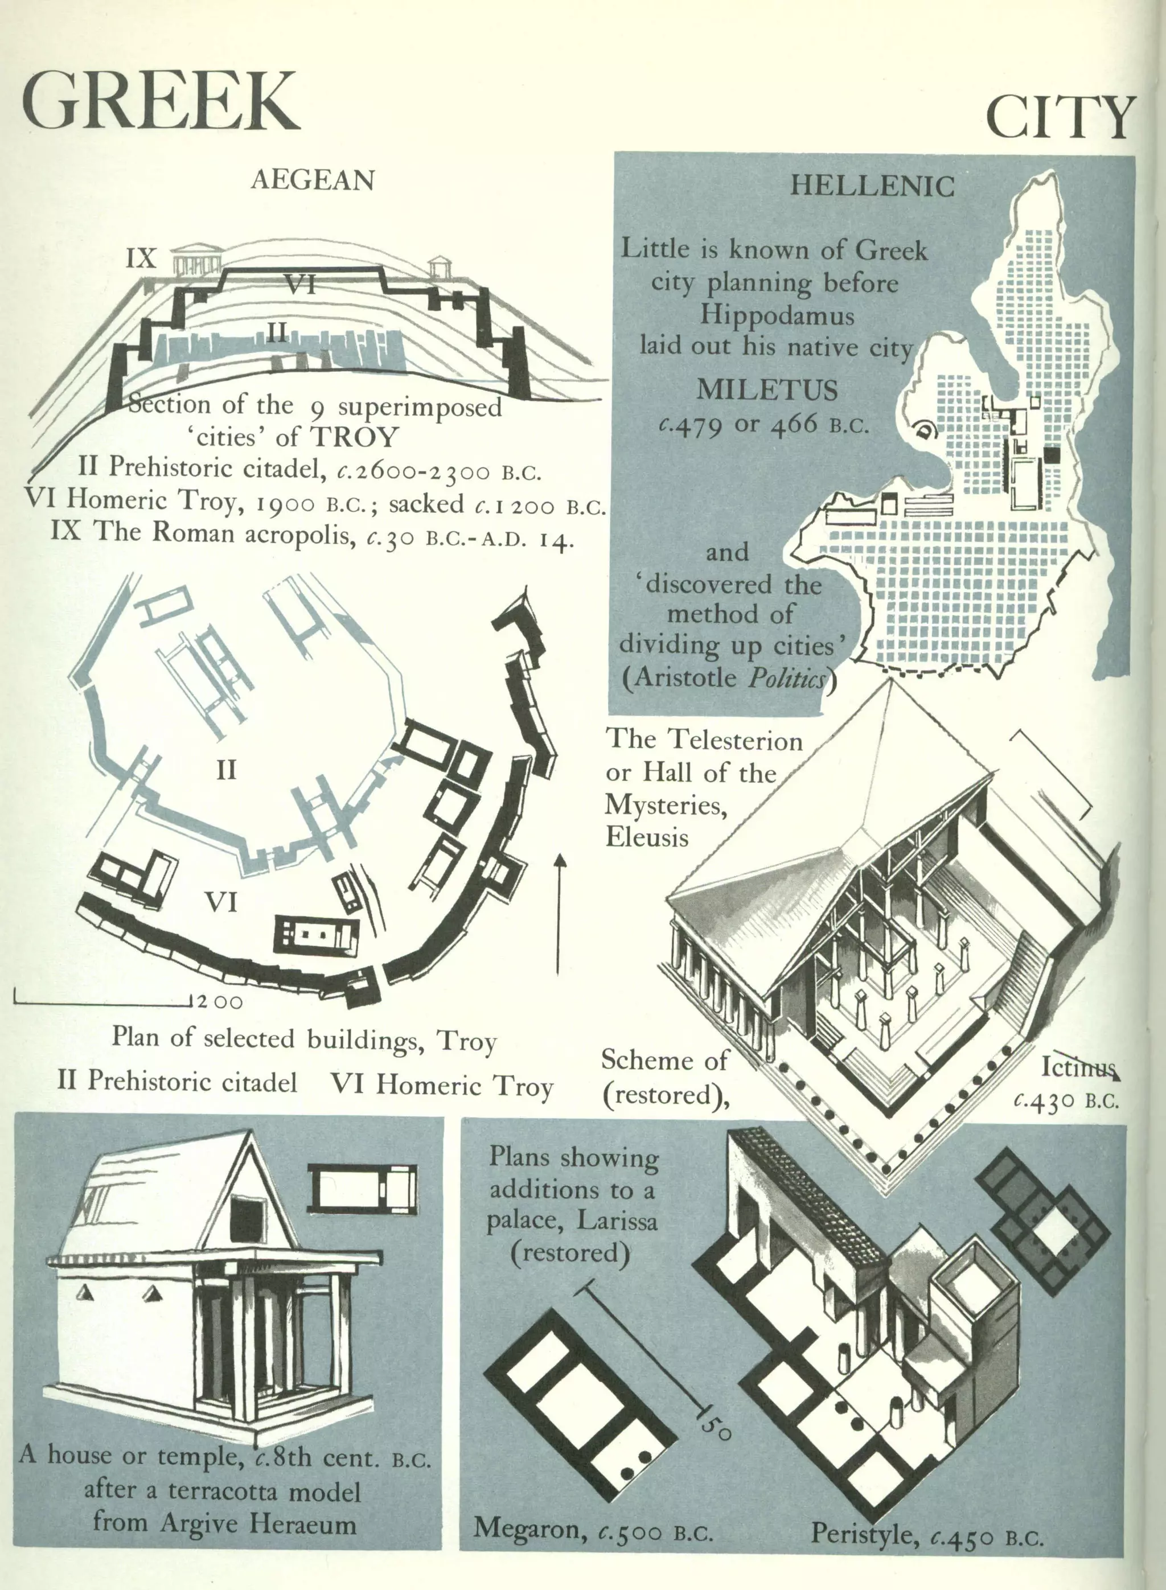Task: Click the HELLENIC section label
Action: (872, 186)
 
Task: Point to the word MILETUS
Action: (767, 391)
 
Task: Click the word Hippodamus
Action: (777, 315)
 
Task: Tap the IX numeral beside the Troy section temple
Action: (141, 258)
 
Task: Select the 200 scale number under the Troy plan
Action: (220, 1002)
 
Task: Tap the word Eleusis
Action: (647, 838)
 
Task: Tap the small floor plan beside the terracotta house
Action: (362, 1189)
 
